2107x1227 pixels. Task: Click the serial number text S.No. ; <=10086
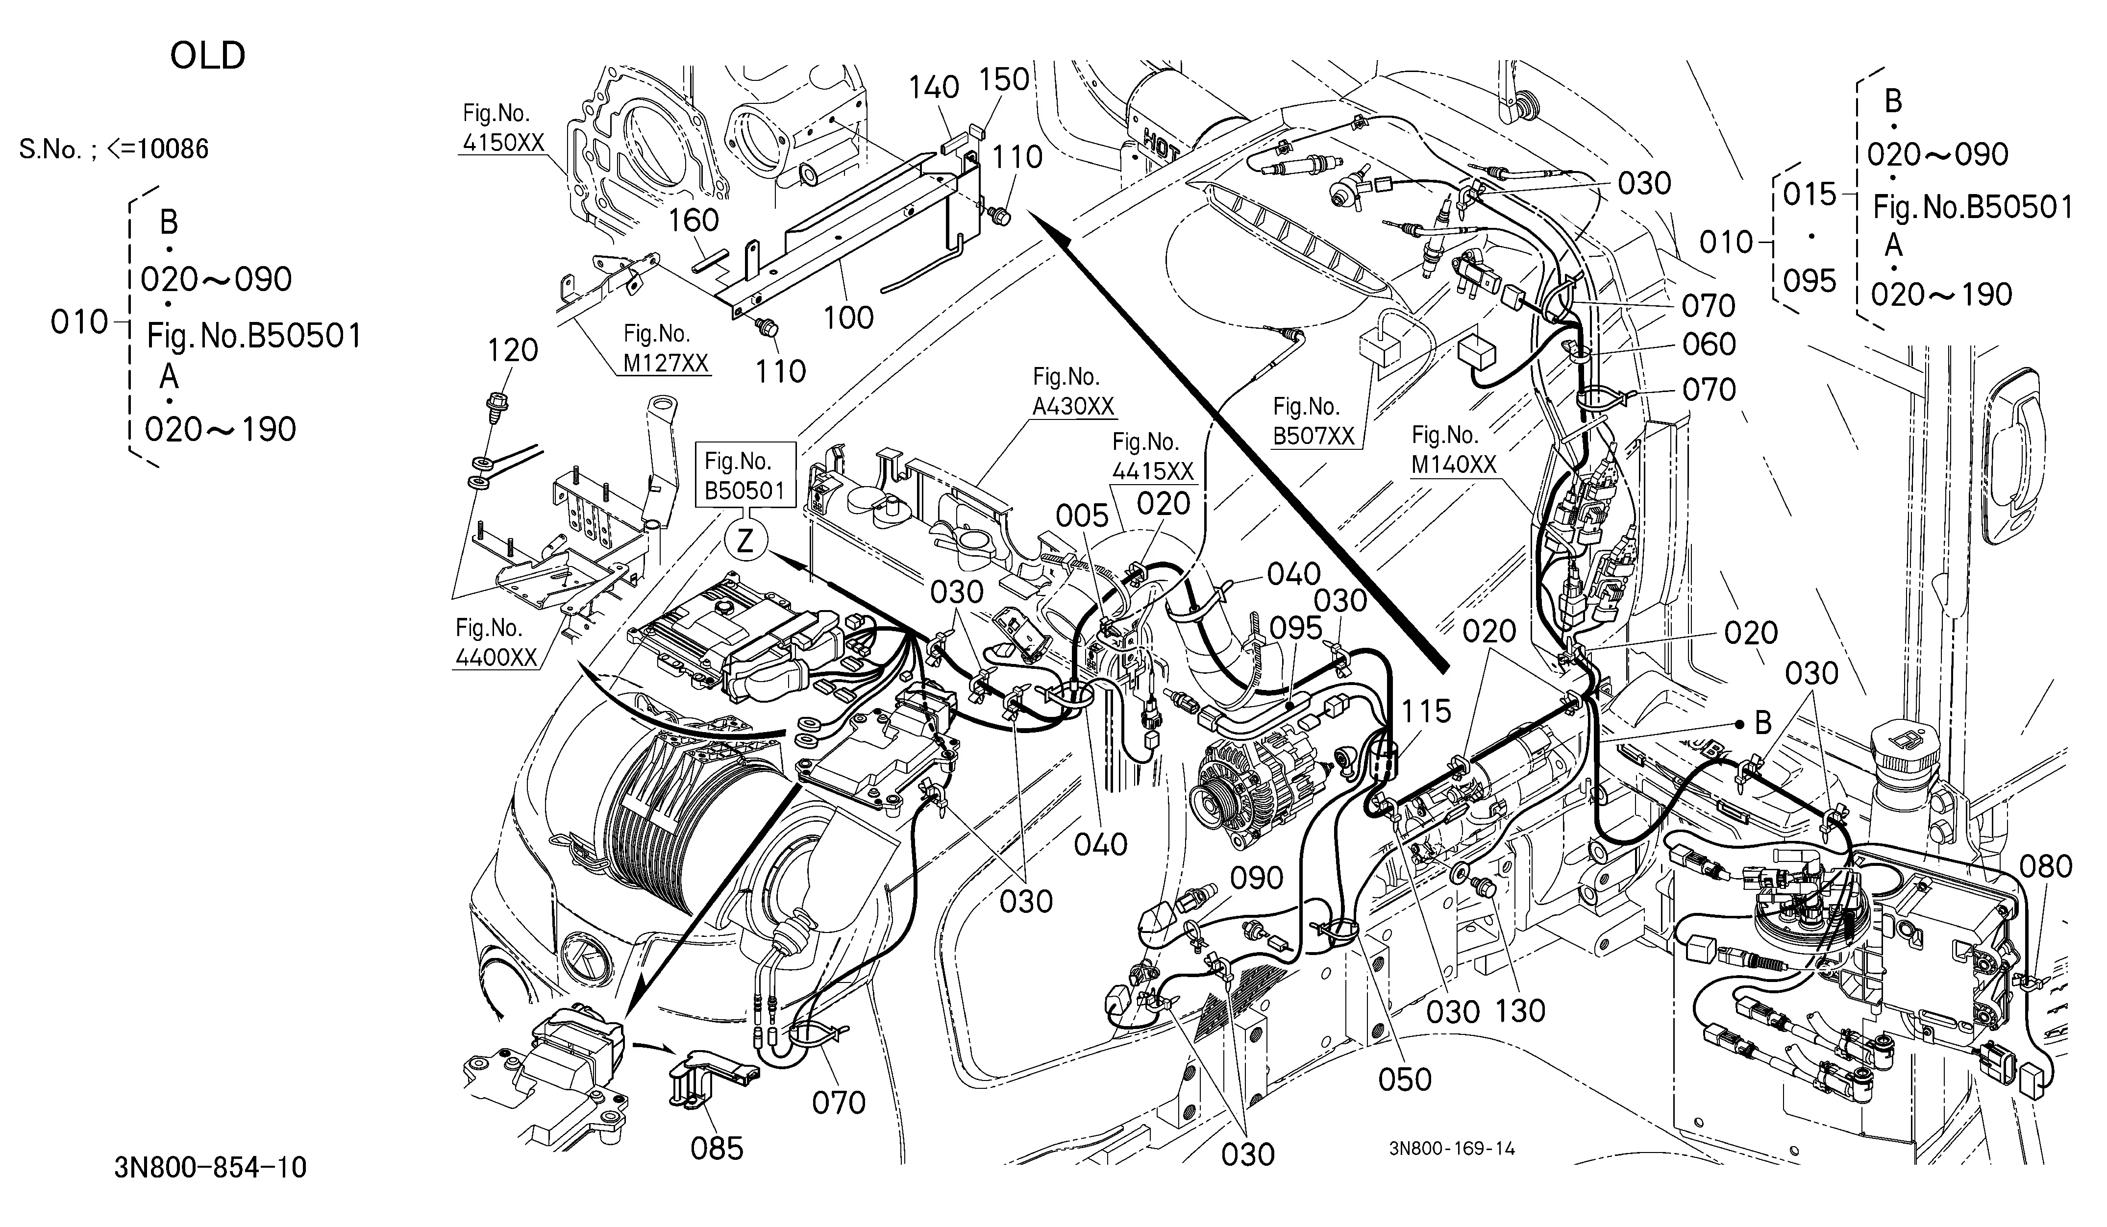114,149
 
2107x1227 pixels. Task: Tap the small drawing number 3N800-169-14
1452,1149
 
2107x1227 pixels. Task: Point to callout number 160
693,221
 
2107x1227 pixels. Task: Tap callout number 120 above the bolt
513,350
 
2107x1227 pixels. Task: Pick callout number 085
717,1149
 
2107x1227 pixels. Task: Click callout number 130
1520,1010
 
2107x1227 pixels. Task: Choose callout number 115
1426,712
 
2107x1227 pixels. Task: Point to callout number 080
2046,867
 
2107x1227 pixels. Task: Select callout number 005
1082,516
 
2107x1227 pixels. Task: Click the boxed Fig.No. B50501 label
744,476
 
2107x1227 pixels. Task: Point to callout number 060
1709,344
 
